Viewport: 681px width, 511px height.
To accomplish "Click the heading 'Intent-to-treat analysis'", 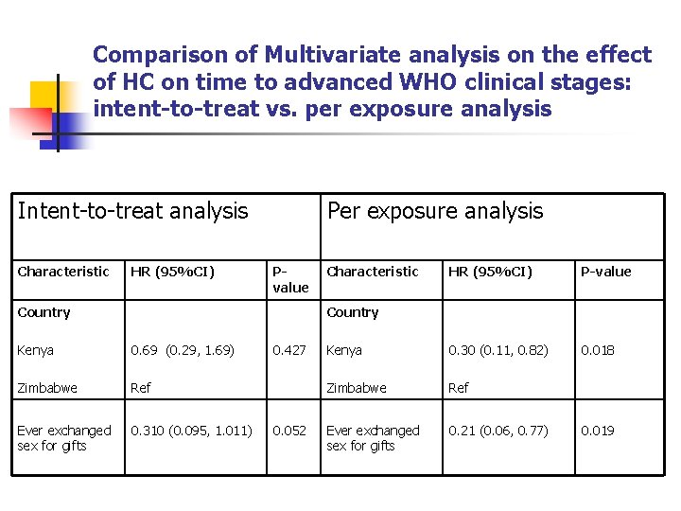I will coord(132,211).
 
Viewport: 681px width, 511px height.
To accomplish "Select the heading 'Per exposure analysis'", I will coord(434,211).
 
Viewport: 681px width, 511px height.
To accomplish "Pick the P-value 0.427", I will coord(288,350).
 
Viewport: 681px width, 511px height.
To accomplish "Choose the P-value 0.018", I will coord(597,350).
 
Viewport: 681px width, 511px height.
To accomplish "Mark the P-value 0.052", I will coord(288,431).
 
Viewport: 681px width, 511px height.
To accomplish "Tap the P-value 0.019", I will coord(597,431).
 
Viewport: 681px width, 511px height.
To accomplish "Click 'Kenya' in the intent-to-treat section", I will coord(35,350).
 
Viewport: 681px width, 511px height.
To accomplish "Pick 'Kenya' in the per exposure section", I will coord(344,350).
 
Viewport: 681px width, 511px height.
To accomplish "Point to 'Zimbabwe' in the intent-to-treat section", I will coord(46,388).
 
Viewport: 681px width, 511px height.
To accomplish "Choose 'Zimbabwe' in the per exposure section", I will coord(356,388).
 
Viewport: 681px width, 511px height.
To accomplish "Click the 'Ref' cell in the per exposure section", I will coord(460,388).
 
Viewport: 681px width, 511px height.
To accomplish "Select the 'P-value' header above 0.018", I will coord(605,272).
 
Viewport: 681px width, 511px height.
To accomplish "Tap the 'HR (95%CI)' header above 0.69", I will coord(172,272).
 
